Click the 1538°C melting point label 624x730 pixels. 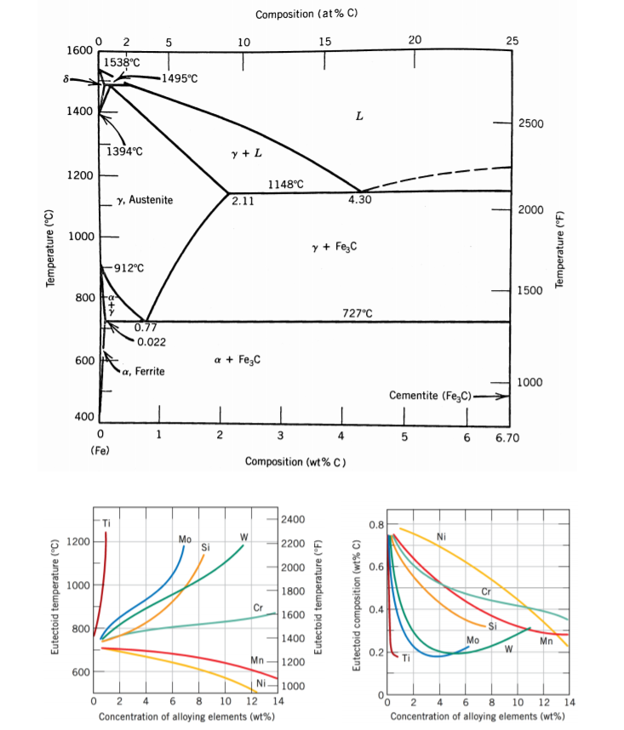(122, 62)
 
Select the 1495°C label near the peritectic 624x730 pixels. (179, 78)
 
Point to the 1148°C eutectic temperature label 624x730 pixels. (285, 184)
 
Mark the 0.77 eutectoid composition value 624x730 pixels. (145, 328)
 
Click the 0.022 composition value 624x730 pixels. (151, 341)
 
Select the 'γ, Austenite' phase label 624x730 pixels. (146, 199)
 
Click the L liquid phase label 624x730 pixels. (359, 117)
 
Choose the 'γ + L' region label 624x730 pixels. (246, 154)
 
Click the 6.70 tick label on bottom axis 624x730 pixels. (501, 437)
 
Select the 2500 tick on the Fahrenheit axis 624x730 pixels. (542, 124)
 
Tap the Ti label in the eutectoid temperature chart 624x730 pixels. (106, 522)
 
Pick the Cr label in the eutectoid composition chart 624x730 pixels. (487, 590)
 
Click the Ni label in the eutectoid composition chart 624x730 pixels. (441, 537)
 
